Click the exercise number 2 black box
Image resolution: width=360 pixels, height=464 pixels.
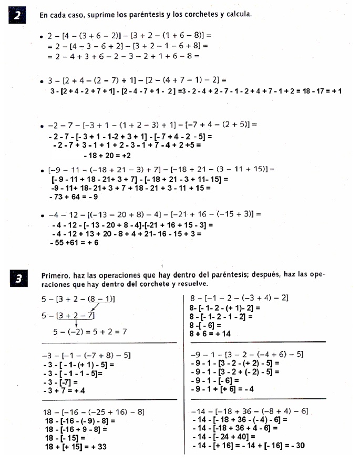click(x=17, y=15)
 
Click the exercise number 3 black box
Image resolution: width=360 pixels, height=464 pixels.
click(x=17, y=280)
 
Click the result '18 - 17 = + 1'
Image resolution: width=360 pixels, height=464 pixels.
click(x=315, y=91)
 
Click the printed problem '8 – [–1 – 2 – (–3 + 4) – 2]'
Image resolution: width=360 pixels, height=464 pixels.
click(x=239, y=298)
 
